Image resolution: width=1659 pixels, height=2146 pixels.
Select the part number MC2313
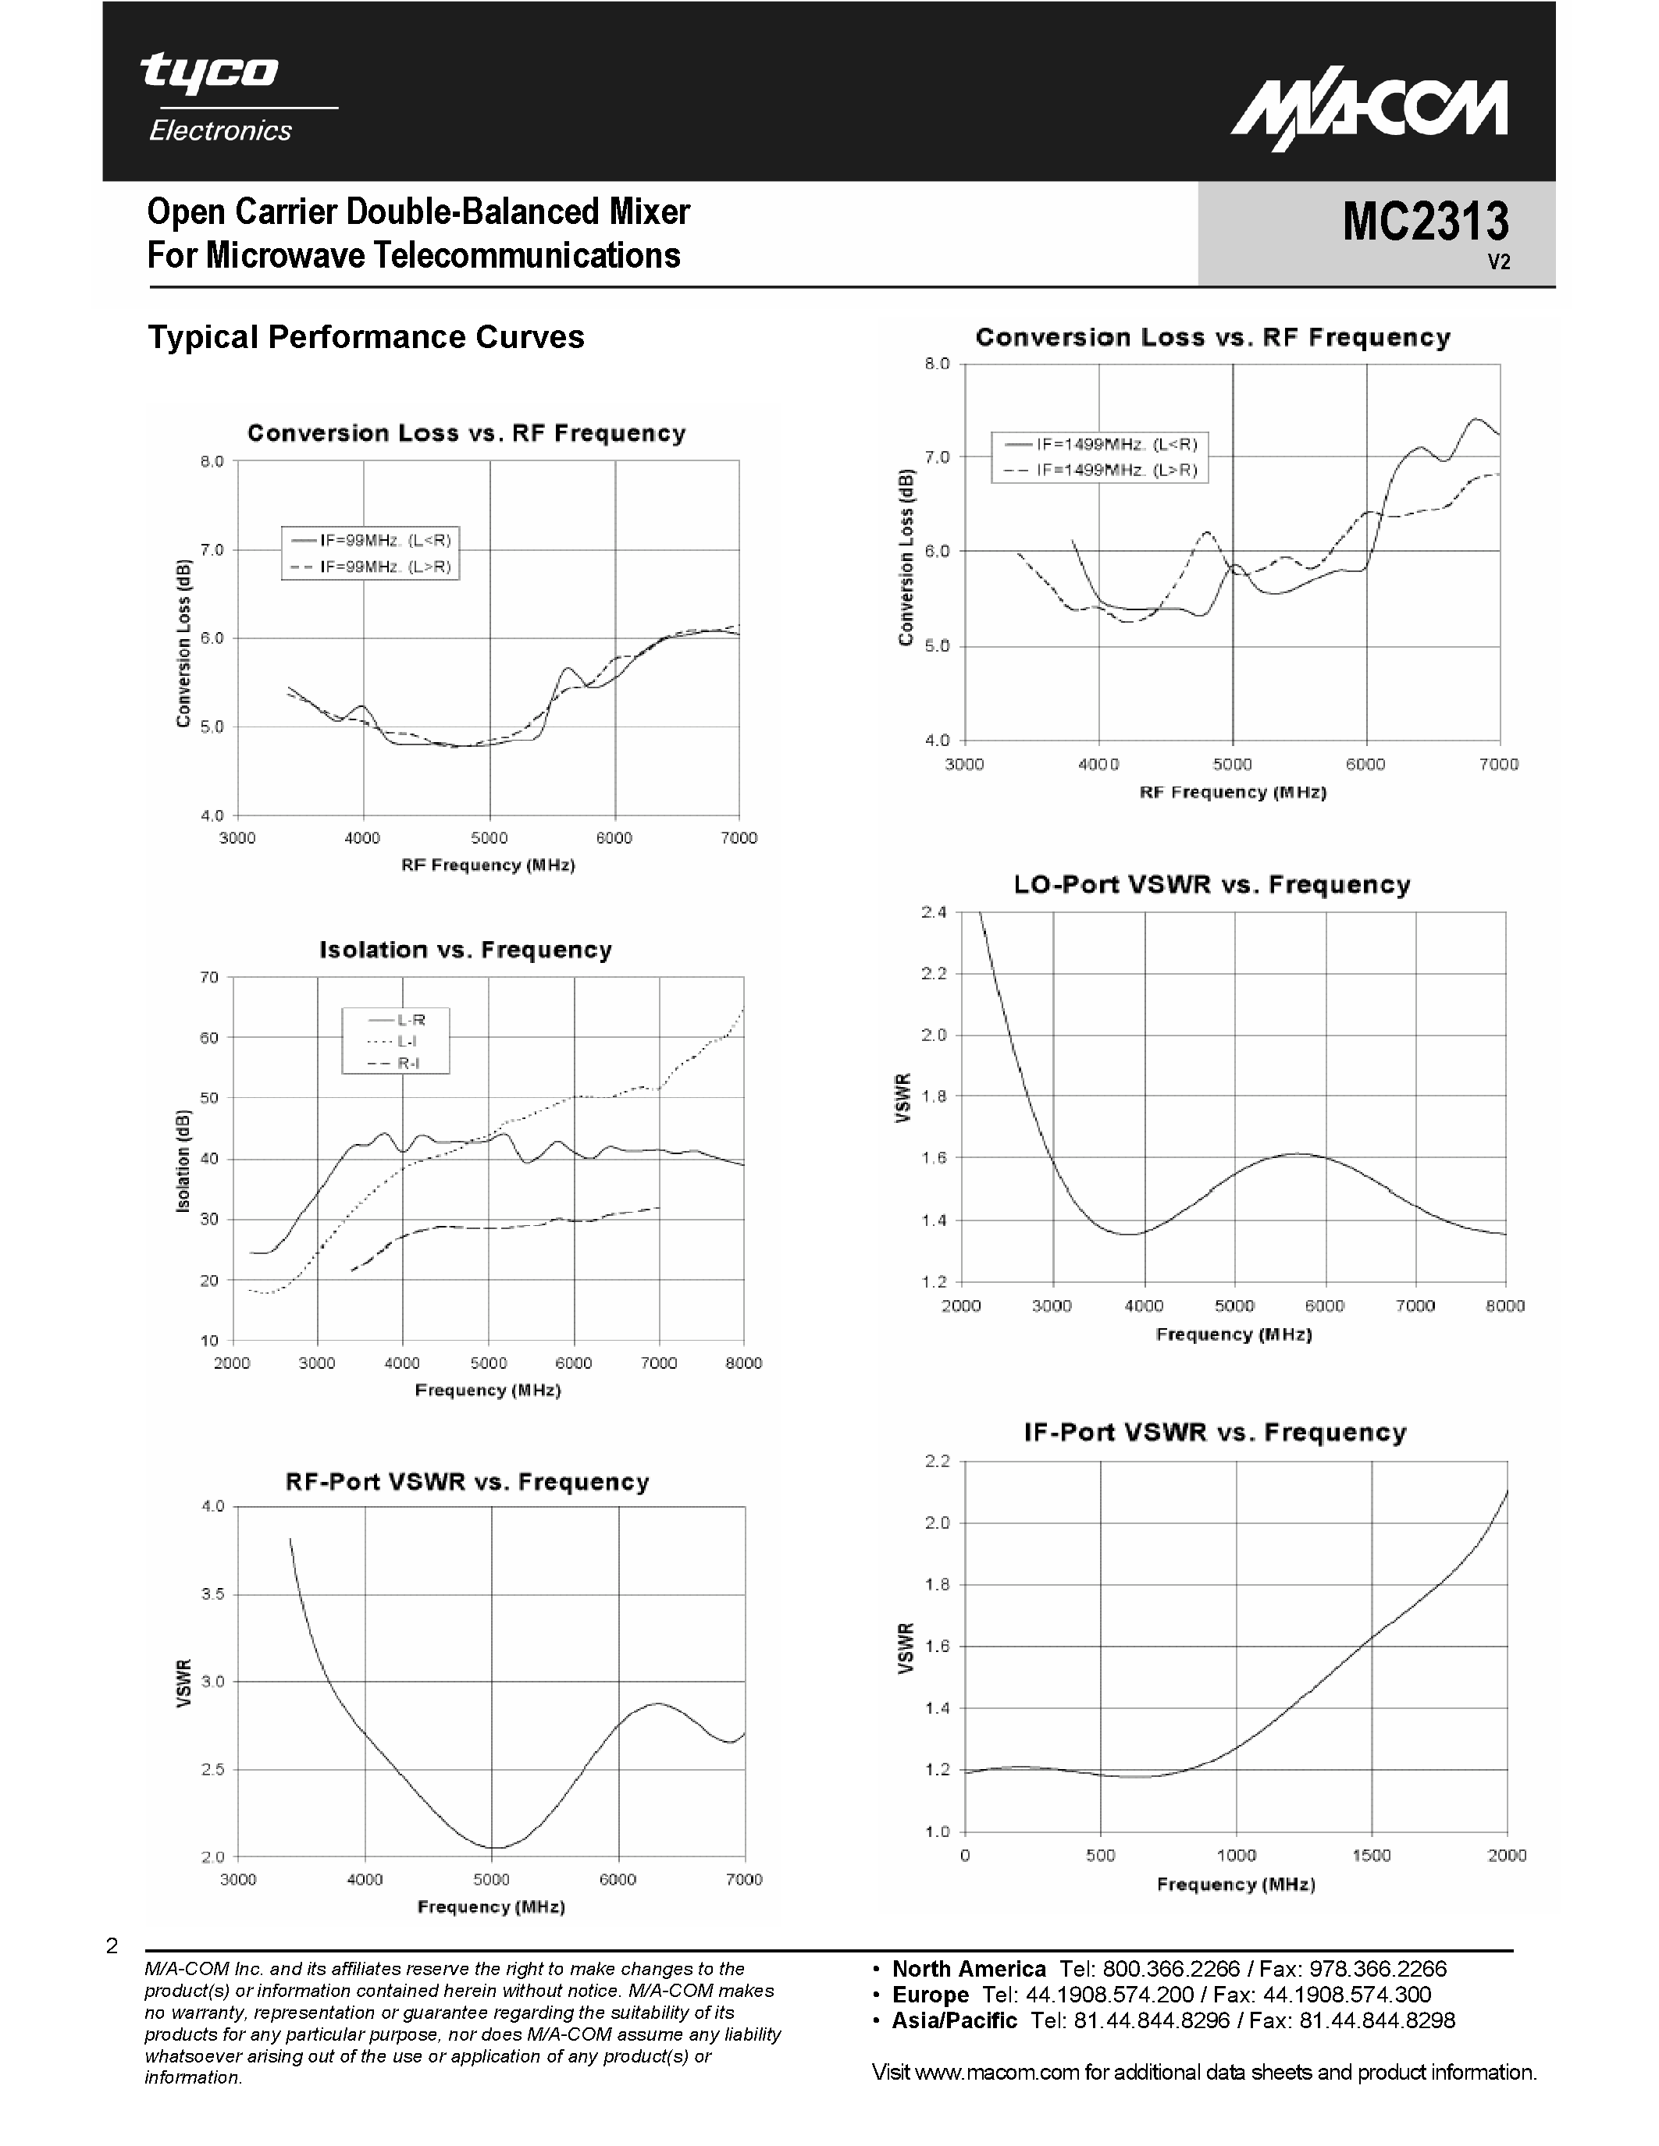tap(1424, 221)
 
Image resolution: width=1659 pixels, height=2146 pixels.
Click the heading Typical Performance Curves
tap(365, 337)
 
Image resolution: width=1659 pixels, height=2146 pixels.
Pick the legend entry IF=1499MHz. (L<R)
tap(1116, 444)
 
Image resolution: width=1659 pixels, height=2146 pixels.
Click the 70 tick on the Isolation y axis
tap(209, 977)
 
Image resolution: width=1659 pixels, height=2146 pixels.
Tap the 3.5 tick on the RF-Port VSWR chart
tap(212, 1594)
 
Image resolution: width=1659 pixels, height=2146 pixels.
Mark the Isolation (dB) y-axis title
tap(183, 1160)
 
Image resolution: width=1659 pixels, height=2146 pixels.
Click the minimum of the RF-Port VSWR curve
tap(493, 1847)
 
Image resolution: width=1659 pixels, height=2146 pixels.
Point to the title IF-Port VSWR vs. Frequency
tap(1215, 1432)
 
